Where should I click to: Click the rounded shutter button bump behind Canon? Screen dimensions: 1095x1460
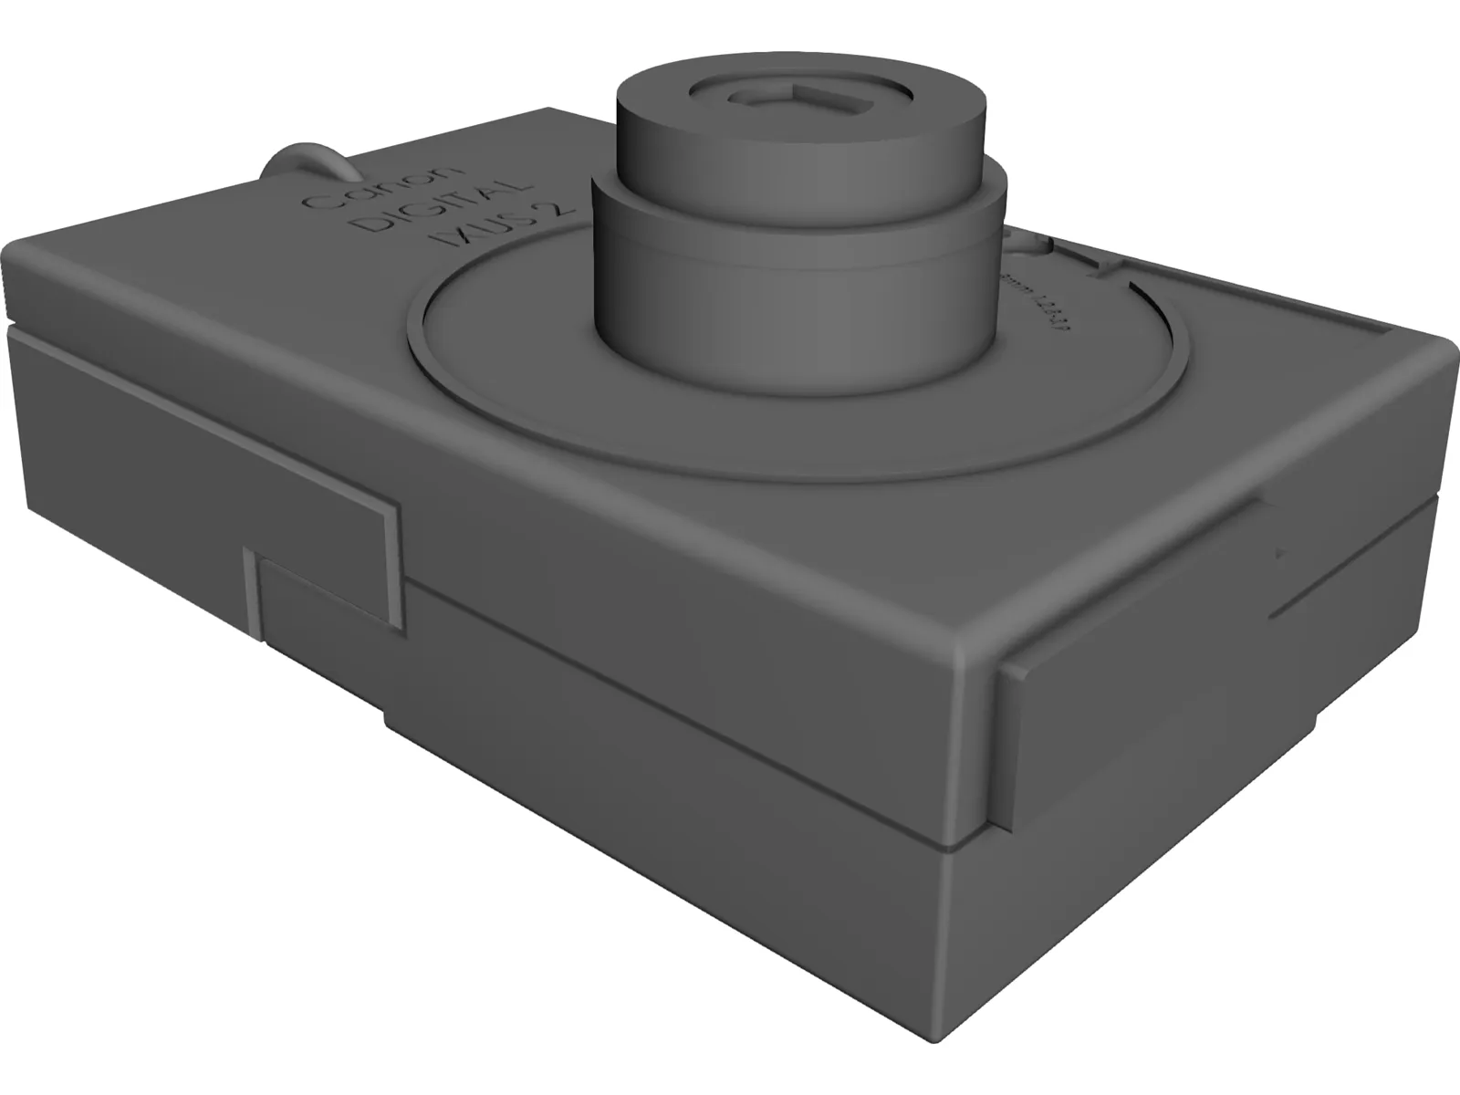coord(306,162)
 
